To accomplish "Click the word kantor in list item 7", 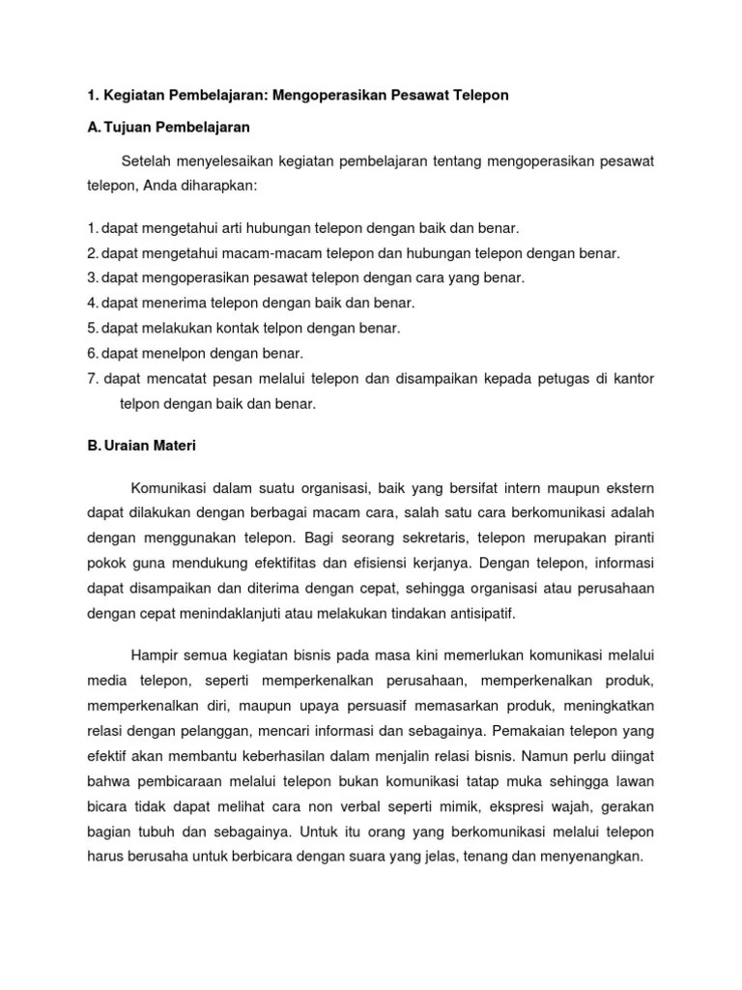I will click(635, 379).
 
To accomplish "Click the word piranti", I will click(631, 537).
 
